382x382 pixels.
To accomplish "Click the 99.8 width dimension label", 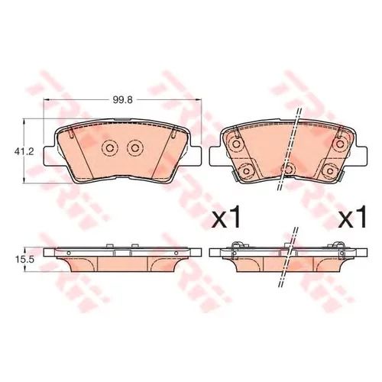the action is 123,100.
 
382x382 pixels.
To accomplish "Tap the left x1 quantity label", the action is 226,217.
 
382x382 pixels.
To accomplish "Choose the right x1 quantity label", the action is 352,217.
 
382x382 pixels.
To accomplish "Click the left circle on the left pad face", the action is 109,148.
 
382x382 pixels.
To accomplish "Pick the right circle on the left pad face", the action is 135,148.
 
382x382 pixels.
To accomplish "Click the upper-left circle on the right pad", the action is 236,144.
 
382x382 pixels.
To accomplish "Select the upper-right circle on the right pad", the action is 340,144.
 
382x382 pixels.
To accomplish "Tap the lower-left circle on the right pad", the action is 247,171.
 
